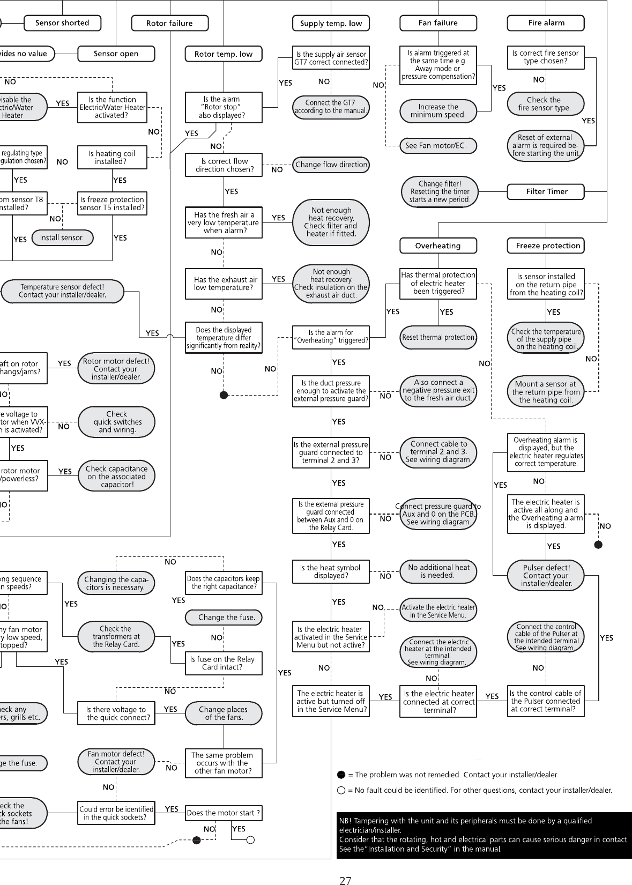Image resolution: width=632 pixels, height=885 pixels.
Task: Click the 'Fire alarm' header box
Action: point(546,23)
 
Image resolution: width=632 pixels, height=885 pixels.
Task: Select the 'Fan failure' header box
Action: point(438,23)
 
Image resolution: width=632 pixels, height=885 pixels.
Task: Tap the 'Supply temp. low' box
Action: point(331,23)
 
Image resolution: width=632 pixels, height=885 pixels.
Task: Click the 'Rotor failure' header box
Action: point(169,23)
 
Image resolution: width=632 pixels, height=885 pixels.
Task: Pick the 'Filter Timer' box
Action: point(546,191)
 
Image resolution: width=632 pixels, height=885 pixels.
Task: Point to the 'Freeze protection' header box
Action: point(546,246)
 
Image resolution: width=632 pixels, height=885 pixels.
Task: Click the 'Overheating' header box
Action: point(438,246)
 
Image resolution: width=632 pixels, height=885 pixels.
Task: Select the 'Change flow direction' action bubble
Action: point(331,165)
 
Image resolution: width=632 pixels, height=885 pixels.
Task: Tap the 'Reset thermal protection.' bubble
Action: point(438,337)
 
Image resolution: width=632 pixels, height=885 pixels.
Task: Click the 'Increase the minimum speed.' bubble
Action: point(438,111)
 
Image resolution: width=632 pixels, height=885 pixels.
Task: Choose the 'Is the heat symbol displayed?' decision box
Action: point(331,571)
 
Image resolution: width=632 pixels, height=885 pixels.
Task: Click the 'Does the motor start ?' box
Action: point(224,813)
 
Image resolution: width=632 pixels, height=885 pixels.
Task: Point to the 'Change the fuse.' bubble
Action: point(224,617)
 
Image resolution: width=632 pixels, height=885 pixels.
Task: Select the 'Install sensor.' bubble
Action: point(62,237)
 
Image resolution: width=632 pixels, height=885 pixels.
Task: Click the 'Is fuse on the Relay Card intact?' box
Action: point(224,663)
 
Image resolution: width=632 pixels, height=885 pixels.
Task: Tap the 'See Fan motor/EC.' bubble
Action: point(438,145)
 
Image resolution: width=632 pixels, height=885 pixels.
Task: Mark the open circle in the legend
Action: point(341,790)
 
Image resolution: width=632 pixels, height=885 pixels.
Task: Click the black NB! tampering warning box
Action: point(484,835)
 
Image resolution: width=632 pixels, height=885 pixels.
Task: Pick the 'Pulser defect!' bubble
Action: point(546,575)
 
